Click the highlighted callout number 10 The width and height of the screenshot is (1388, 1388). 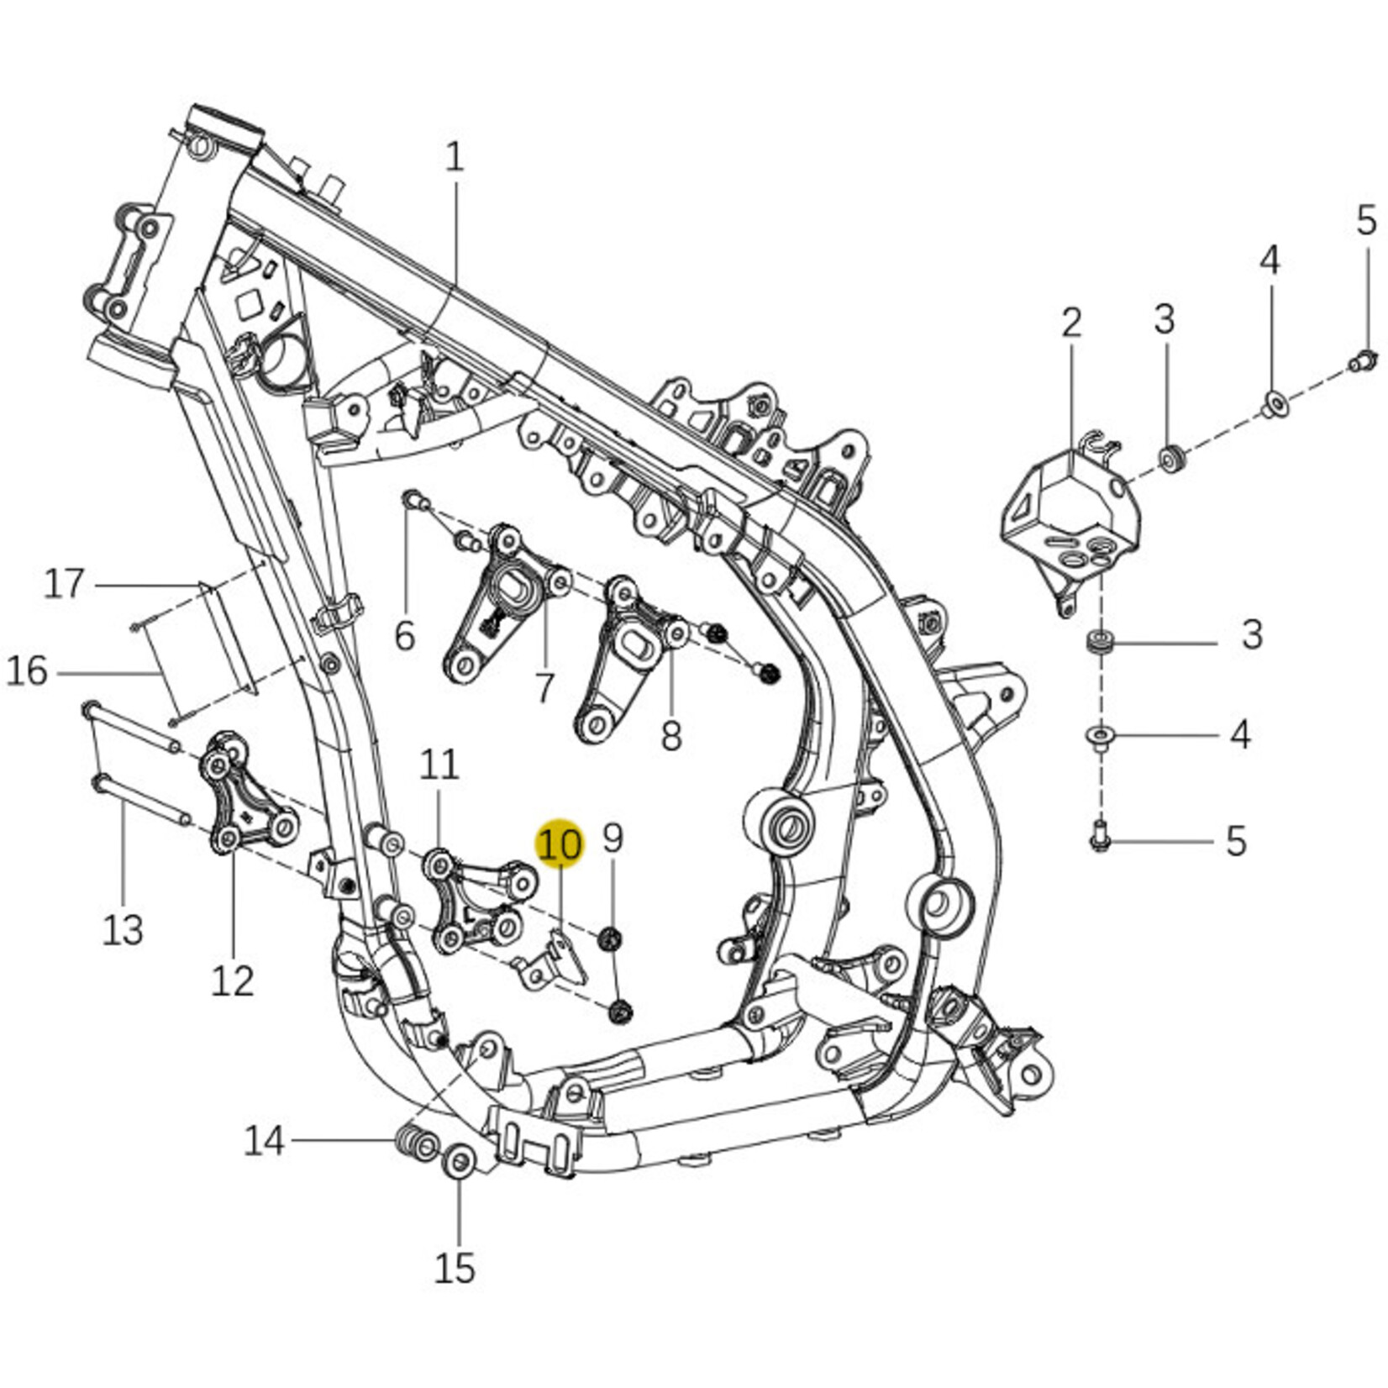[560, 844]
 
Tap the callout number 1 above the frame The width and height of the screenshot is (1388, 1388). [454, 157]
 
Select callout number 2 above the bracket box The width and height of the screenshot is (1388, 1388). [1071, 323]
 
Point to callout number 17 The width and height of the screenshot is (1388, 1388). [65, 583]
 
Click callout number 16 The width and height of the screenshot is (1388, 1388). [28, 672]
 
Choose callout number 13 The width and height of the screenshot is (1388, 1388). [123, 930]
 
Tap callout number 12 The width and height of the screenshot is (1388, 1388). [232, 981]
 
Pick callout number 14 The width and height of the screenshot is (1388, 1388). [265, 1141]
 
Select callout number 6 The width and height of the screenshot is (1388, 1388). [405, 635]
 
